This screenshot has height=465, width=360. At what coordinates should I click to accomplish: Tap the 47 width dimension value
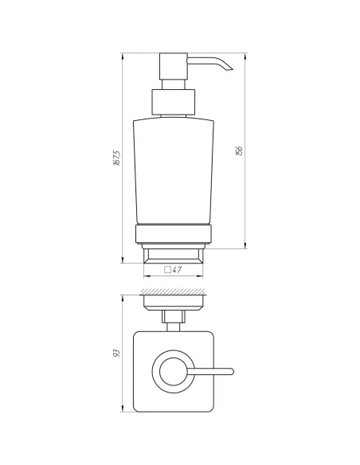pyautogui.click(x=178, y=270)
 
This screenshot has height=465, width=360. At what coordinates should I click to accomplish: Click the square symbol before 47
pyautogui.click(x=168, y=270)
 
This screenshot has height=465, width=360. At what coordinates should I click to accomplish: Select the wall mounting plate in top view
pyautogui.click(x=173, y=304)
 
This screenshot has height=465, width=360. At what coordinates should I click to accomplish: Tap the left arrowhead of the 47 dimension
pyautogui.click(x=145, y=278)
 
